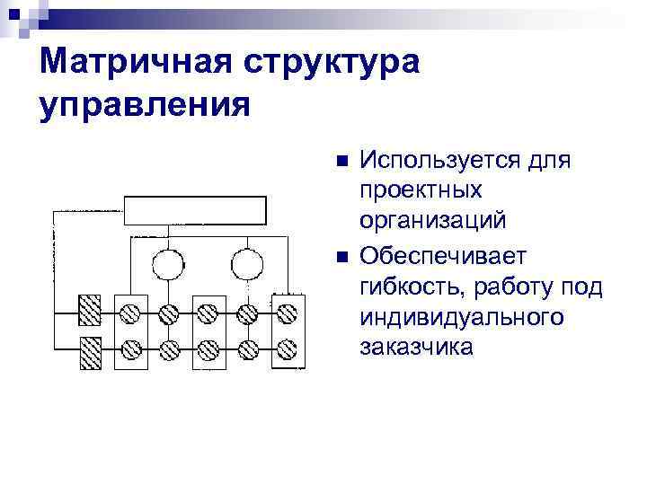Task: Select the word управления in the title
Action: tap(145, 105)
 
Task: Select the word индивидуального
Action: tap(462, 317)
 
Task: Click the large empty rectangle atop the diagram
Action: tap(195, 211)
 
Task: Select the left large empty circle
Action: tap(167, 264)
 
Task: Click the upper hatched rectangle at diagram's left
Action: tap(90, 312)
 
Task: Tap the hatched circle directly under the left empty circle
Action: tap(167, 313)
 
